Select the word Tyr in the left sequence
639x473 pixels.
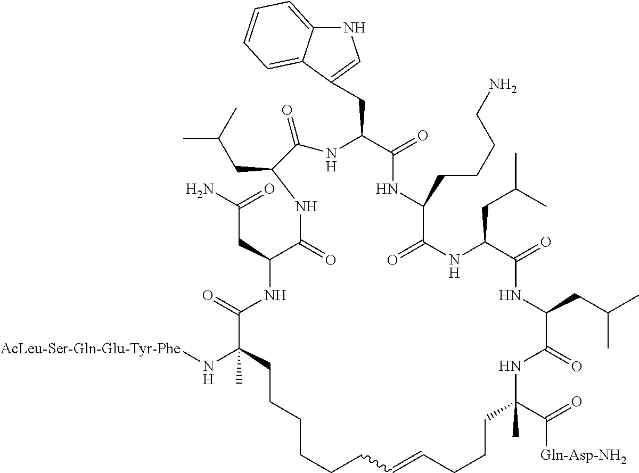(x=146, y=350)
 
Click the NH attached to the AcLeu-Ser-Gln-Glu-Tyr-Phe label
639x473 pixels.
(x=208, y=371)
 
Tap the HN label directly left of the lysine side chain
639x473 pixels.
(x=387, y=189)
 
